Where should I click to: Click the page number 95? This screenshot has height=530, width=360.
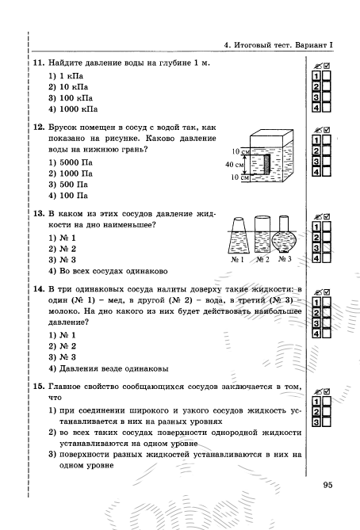327,485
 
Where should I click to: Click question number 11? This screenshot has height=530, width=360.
39,63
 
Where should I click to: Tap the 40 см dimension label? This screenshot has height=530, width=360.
234,165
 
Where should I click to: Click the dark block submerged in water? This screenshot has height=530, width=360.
267,164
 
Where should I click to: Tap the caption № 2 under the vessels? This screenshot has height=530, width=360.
262,260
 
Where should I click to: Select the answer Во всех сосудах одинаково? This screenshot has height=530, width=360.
113,271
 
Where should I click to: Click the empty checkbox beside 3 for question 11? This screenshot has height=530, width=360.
327,97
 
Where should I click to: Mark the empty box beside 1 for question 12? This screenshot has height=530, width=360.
327,140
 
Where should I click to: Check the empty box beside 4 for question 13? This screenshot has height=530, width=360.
327,258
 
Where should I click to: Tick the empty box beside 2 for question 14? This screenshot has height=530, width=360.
327,312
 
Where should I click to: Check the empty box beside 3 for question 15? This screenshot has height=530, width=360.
327,422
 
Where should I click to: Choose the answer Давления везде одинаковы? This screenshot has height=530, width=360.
113,368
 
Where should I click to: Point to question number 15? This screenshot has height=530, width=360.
39,387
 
